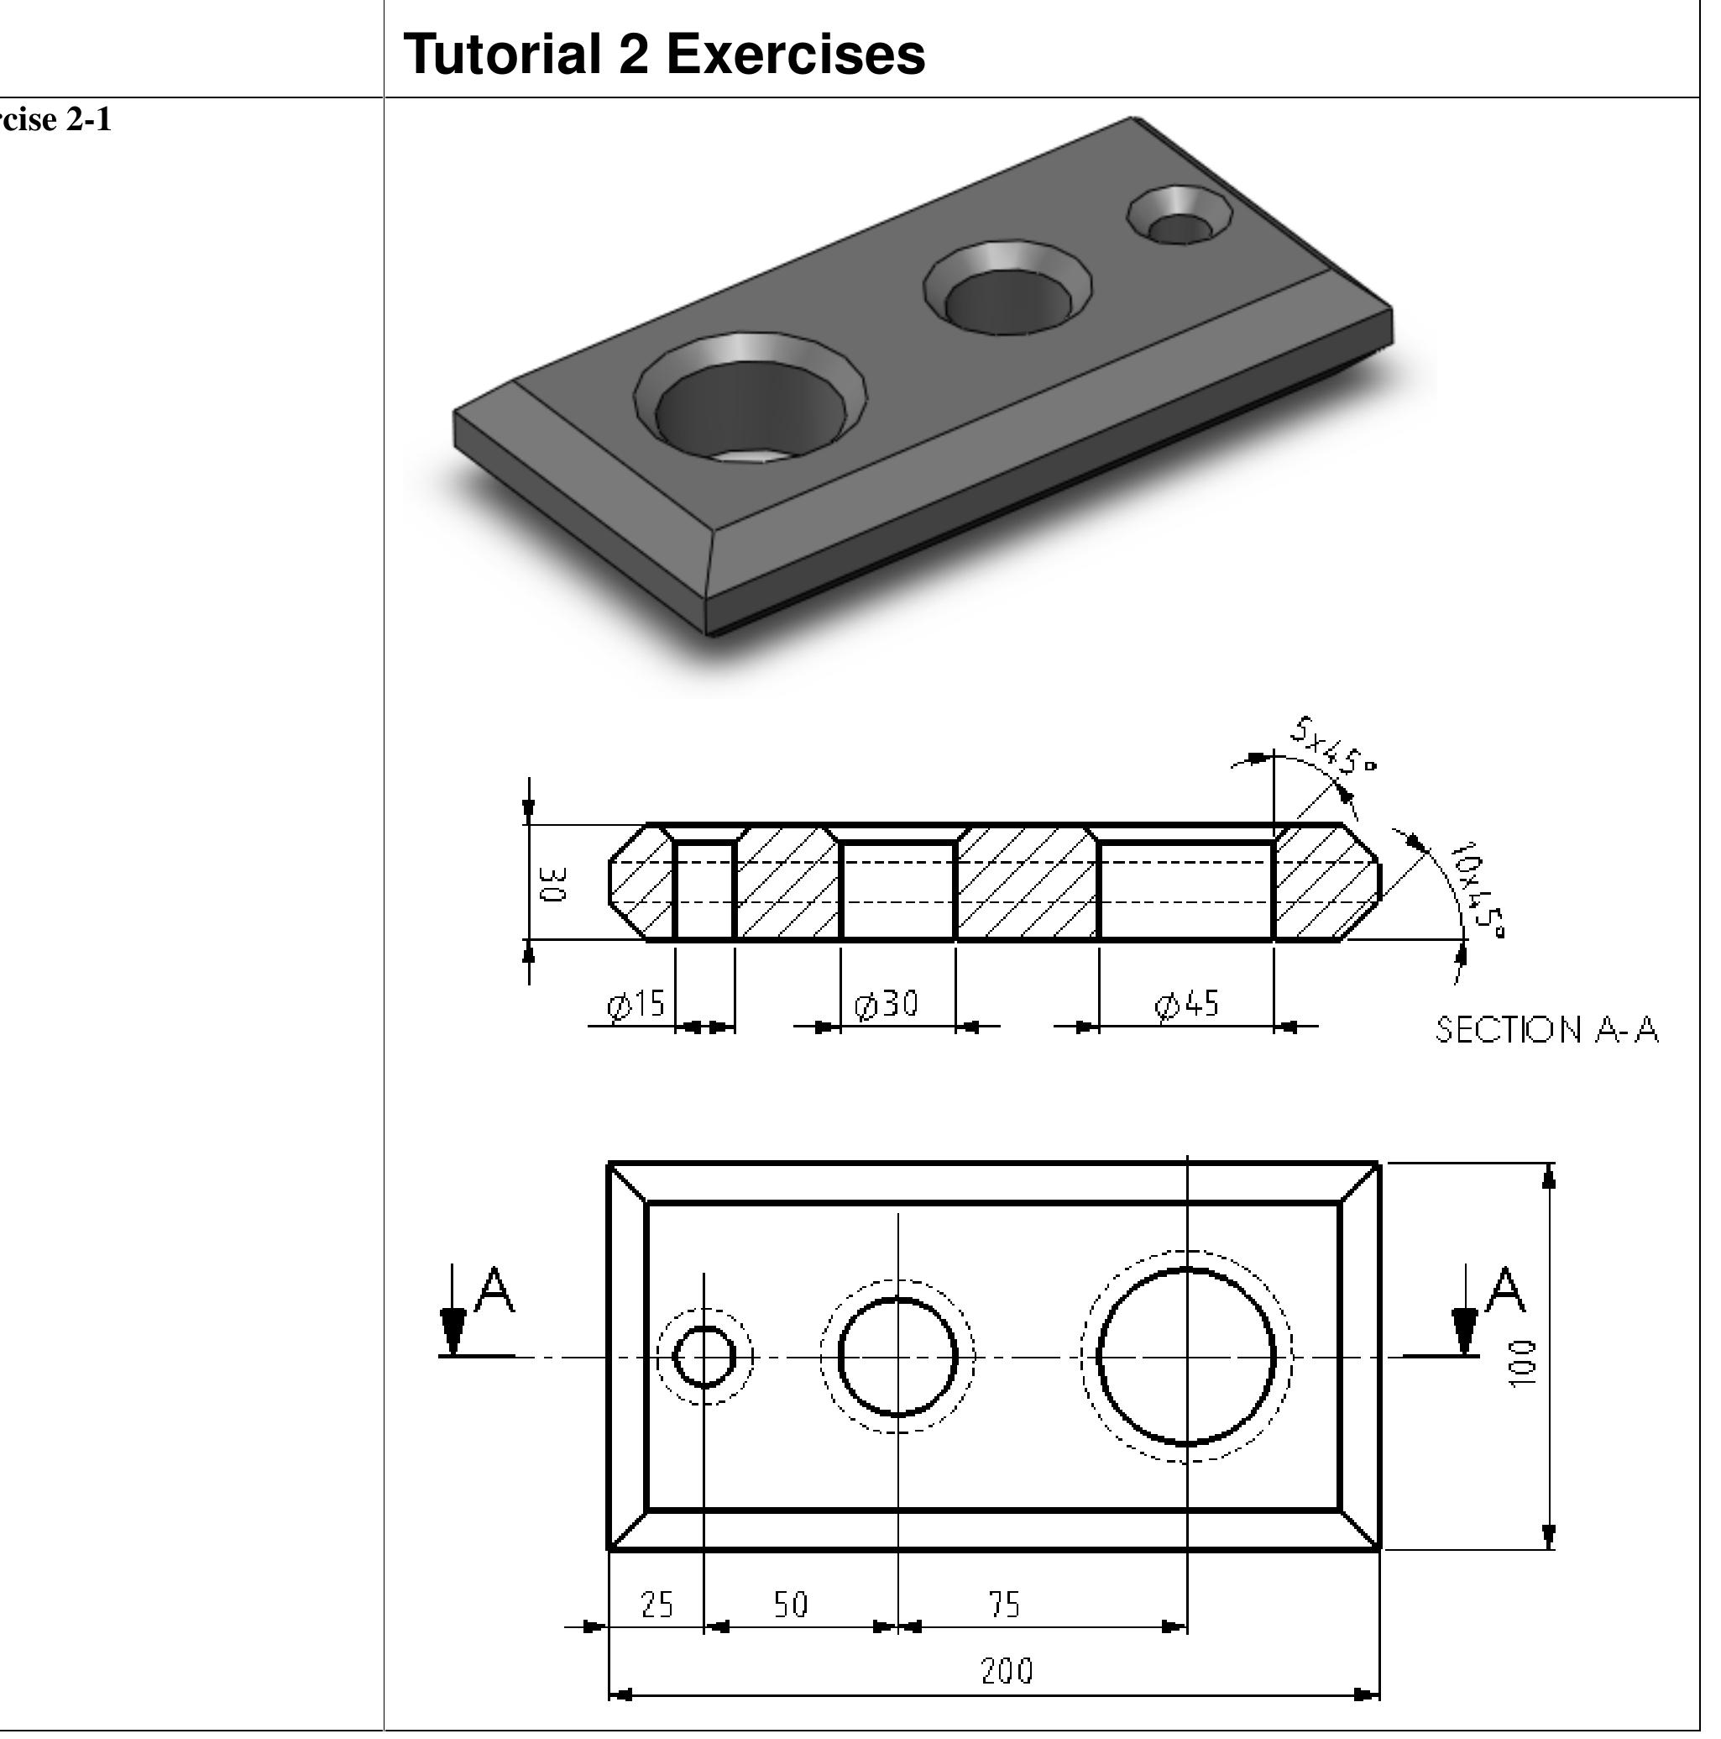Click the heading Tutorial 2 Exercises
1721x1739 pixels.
coord(663,54)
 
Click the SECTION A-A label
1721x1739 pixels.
coord(1546,1030)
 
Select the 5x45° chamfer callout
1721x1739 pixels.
coord(1332,746)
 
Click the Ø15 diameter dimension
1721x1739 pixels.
coord(636,1004)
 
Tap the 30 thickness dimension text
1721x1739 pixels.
coord(552,884)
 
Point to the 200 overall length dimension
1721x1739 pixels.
coord(1006,1672)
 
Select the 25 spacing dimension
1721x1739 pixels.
coord(656,1605)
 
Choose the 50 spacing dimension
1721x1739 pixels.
coord(791,1605)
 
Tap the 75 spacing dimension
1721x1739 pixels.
coord(1004,1605)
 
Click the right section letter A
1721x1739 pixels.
coord(1504,1290)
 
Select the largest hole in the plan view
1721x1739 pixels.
coord(1186,1357)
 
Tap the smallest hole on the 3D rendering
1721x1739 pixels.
coord(1180,218)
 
